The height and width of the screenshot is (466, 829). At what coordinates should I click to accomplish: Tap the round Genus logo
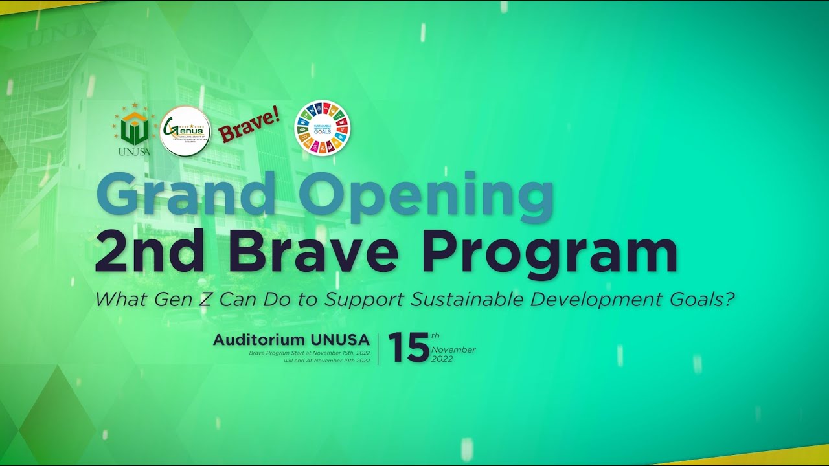pyautogui.click(x=185, y=131)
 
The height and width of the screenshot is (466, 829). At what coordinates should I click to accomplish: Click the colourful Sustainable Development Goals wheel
pyautogui.click(x=322, y=128)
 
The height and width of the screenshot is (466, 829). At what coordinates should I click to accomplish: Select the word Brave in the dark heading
pyautogui.click(x=313, y=252)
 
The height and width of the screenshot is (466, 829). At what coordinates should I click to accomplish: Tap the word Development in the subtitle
pyautogui.click(x=596, y=300)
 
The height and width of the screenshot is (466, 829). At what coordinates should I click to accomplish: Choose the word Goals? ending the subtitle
pyautogui.click(x=707, y=300)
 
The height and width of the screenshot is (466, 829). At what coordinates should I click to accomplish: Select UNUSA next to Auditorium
pyautogui.click(x=340, y=340)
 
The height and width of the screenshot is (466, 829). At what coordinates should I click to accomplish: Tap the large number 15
pyautogui.click(x=409, y=348)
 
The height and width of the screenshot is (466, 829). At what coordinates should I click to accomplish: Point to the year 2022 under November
pyautogui.click(x=442, y=359)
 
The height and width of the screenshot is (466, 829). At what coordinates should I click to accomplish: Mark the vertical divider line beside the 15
pyautogui.click(x=378, y=348)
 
